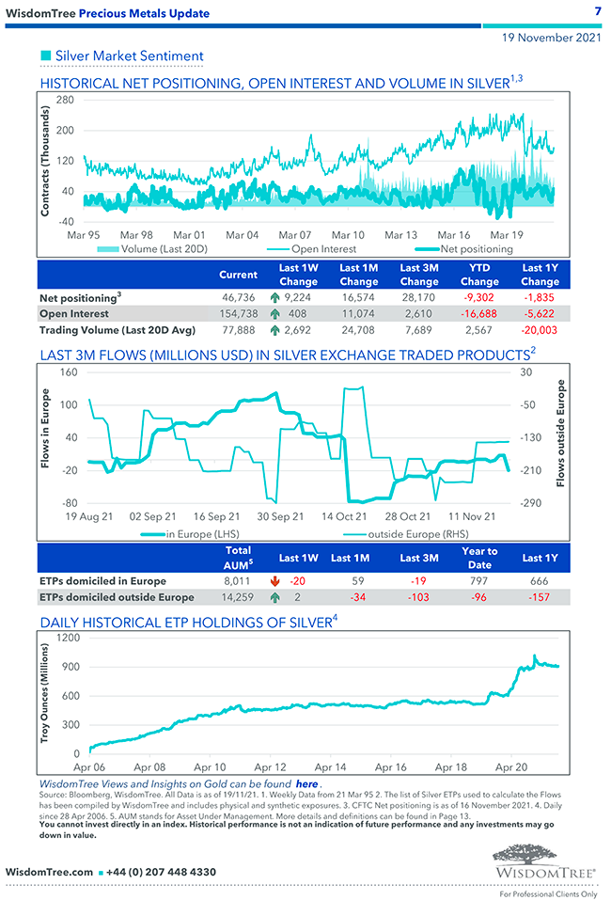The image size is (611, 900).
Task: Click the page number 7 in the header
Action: pyautogui.click(x=598, y=11)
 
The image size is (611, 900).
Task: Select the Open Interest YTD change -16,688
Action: pyautogui.click(x=479, y=314)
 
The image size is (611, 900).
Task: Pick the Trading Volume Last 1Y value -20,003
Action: pyautogui.click(x=540, y=330)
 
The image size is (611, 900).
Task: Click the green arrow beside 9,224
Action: pyautogui.click(x=275, y=297)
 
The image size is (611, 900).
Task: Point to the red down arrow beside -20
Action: pyautogui.click(x=274, y=581)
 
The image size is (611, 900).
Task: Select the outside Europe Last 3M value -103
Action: pyautogui.click(x=419, y=597)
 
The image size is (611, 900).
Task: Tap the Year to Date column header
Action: pyautogui.click(x=479, y=558)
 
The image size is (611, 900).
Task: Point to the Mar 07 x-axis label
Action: pyautogui.click(x=294, y=234)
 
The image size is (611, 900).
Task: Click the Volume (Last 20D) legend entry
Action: pyautogui.click(x=151, y=249)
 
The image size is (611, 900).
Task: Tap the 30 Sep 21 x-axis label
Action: pyautogui.click(x=280, y=516)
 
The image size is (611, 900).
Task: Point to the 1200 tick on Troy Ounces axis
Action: pyautogui.click(x=68, y=638)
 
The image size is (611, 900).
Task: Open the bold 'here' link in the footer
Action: pyautogui.click(x=306, y=783)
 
